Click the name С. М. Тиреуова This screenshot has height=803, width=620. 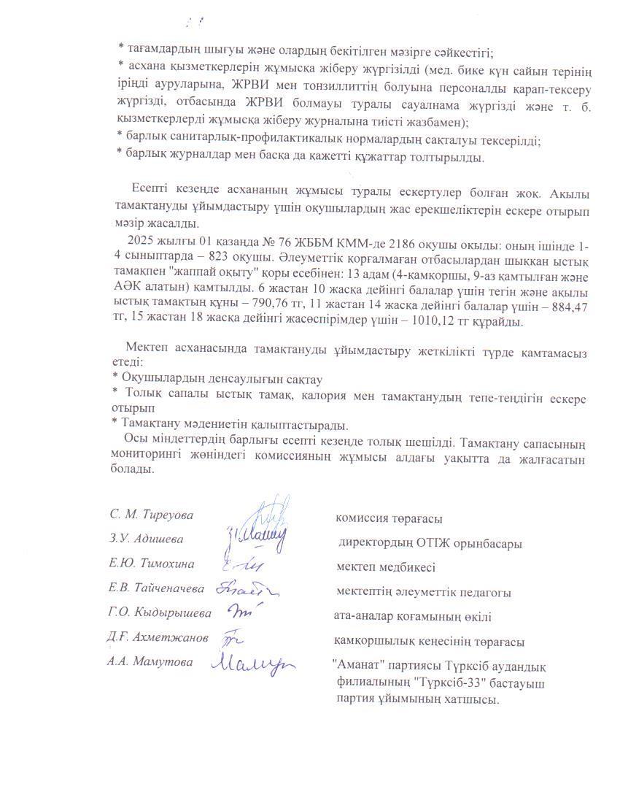[x=152, y=515]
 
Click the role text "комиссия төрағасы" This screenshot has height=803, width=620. [x=389, y=518]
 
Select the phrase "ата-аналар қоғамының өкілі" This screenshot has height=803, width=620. [x=412, y=617]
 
